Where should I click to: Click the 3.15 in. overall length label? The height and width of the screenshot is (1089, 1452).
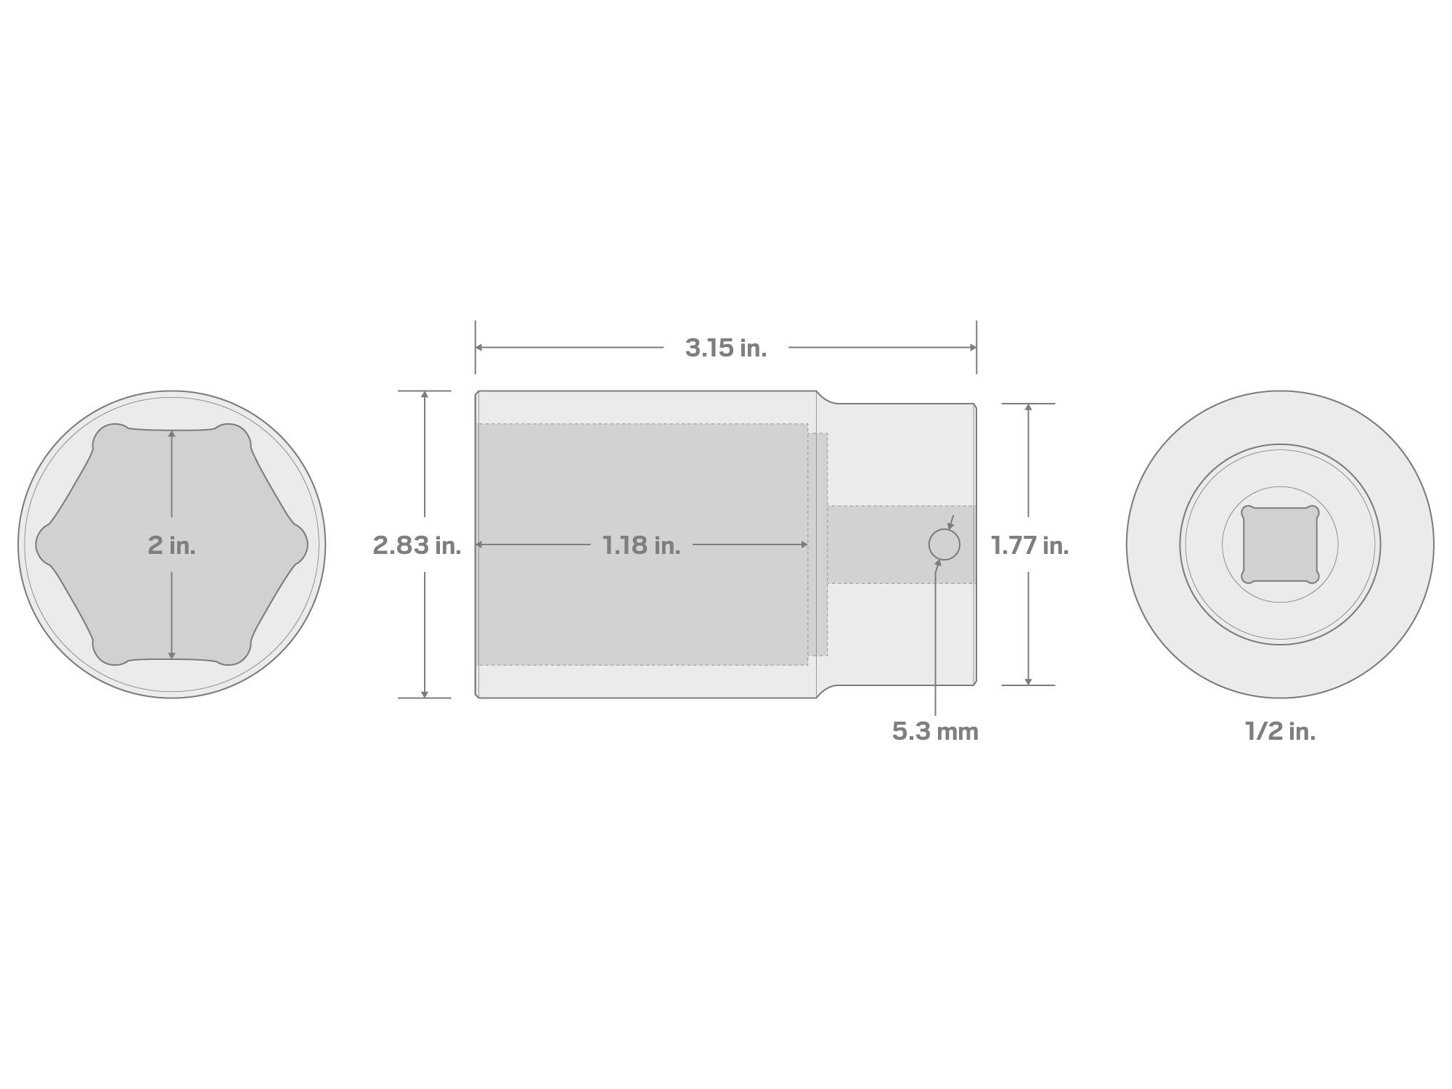(725, 348)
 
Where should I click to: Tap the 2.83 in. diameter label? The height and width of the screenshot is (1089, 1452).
(417, 545)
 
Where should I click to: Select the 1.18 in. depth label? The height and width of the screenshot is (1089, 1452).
(641, 545)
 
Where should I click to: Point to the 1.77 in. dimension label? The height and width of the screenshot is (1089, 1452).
(1029, 545)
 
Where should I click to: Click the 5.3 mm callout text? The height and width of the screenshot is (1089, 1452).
(935, 731)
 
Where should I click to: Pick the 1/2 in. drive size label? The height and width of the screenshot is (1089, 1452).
(1280, 731)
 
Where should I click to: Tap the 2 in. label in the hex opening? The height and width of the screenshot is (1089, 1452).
(171, 545)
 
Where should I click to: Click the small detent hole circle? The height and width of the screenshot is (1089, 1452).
(945, 544)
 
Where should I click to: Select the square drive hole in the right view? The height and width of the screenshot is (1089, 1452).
(1280, 544)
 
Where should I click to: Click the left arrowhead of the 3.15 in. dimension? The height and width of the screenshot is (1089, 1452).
(480, 348)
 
